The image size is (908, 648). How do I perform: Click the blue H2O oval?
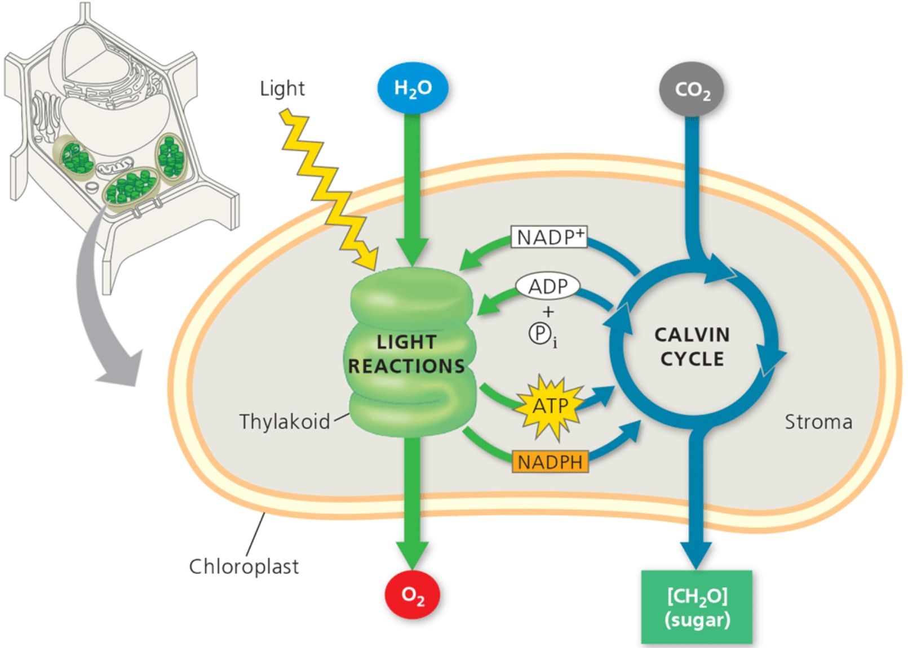[x=413, y=88]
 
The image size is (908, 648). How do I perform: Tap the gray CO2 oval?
[x=692, y=90]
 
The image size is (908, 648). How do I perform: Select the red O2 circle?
[x=413, y=595]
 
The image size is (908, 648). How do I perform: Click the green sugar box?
[x=697, y=607]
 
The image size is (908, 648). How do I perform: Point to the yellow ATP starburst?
[x=550, y=406]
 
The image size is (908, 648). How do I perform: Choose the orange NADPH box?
[x=550, y=462]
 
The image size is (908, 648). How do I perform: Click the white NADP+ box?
[x=549, y=237]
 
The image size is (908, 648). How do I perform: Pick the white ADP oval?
[x=547, y=286]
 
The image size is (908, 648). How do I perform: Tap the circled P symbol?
[x=540, y=334]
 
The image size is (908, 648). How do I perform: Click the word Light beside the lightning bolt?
[x=282, y=88]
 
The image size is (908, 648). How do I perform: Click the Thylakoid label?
[x=285, y=422]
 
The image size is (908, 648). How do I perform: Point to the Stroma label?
[x=818, y=422]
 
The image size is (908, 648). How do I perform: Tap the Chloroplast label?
[x=243, y=566]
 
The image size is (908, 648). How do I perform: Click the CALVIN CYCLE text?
[x=692, y=347]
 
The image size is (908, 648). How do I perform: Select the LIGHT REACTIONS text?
[x=406, y=354]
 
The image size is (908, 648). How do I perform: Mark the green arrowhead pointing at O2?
[x=413, y=554]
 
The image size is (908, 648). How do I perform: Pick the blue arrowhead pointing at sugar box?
[x=696, y=555]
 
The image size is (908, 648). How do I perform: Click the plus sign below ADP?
[x=548, y=311]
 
